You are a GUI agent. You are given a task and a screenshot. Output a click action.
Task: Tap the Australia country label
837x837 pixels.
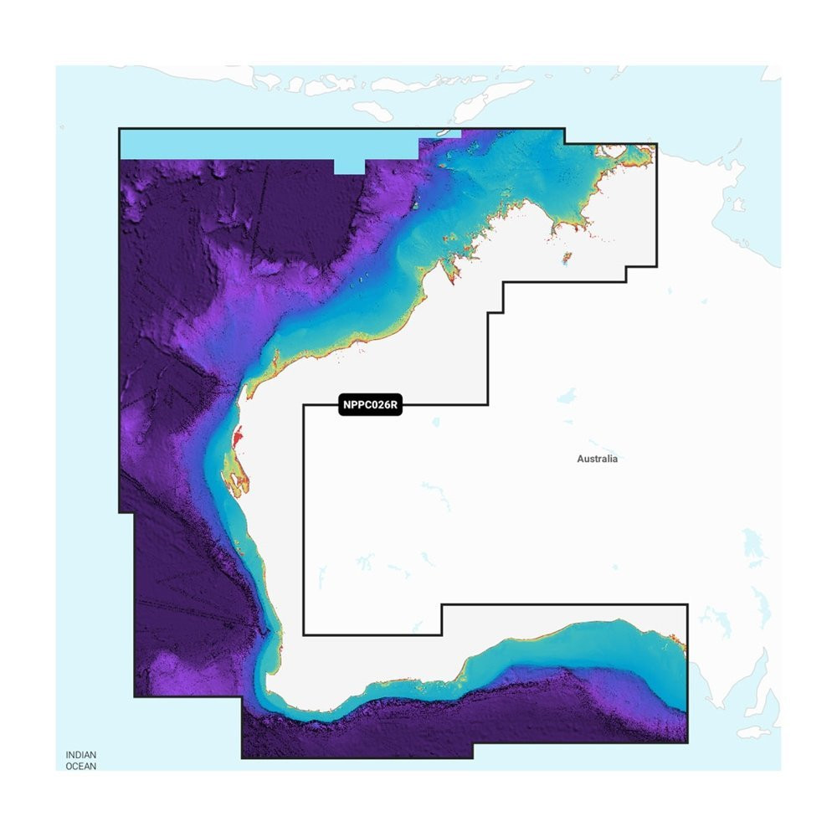(x=598, y=459)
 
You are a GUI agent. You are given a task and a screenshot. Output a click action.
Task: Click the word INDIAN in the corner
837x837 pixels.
(x=81, y=755)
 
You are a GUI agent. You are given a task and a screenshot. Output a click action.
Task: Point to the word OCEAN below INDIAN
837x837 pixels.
(x=81, y=766)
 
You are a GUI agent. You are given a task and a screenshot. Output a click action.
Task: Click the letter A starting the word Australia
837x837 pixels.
(x=580, y=459)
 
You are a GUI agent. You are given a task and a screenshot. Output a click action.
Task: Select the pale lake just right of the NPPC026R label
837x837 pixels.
(x=437, y=422)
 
